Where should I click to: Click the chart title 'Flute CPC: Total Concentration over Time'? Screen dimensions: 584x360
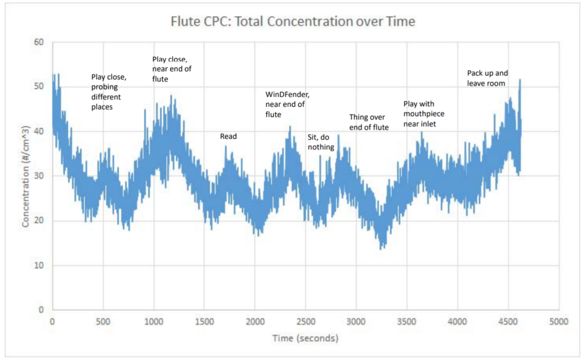pyautogui.click(x=293, y=21)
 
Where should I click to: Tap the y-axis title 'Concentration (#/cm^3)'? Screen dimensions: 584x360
pyautogui.click(x=25, y=176)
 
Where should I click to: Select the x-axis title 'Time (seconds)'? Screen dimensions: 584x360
pyautogui.click(x=306, y=338)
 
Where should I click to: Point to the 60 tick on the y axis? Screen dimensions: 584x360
pyautogui.click(x=39, y=42)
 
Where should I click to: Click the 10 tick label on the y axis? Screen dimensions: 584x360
pyautogui.click(x=39, y=265)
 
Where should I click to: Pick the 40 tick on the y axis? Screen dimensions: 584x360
pyautogui.click(x=39, y=131)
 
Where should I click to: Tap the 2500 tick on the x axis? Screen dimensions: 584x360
pyautogui.click(x=306, y=321)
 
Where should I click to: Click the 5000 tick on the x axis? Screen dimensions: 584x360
pyautogui.click(x=559, y=321)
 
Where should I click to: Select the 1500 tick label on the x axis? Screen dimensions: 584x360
pyautogui.click(x=204, y=321)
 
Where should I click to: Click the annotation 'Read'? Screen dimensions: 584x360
pyautogui.click(x=228, y=136)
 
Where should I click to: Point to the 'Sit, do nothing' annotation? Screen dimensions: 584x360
pyautogui.click(x=321, y=142)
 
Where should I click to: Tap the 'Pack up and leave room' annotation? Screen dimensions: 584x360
pyautogui.click(x=488, y=78)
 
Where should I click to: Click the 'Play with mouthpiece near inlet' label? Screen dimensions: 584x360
pyautogui.click(x=424, y=114)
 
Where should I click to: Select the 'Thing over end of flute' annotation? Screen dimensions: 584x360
pyautogui.click(x=369, y=122)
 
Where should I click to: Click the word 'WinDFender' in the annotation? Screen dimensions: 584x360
pyautogui.click(x=287, y=94)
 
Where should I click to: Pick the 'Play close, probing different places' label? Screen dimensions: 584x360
pyautogui.click(x=109, y=92)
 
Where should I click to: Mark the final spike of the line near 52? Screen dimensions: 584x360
pyautogui.click(x=520, y=80)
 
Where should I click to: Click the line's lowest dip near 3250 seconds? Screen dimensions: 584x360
pyautogui.click(x=380, y=249)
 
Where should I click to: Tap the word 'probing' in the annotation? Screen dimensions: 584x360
pyautogui.click(x=105, y=87)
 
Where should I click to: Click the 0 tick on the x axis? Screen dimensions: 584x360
pyautogui.click(x=52, y=321)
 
